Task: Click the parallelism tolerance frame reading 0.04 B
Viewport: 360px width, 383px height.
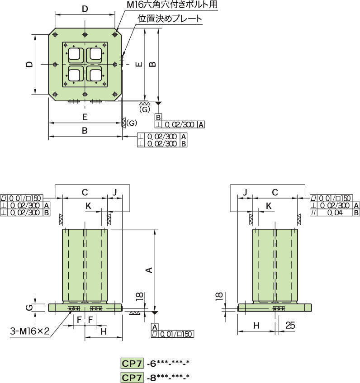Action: coord(335,213)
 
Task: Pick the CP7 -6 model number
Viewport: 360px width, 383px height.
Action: coord(155,363)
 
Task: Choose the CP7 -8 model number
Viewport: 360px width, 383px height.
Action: coord(155,378)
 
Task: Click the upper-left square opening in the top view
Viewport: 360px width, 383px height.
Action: coord(74,55)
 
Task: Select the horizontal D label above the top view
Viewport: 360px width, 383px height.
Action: coord(85,9)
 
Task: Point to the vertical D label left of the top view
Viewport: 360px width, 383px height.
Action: coord(29,64)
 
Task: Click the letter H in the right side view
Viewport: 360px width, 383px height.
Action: coord(256,325)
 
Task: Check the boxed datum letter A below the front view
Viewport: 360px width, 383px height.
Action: coord(155,326)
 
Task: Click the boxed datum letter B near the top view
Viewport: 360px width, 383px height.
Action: coord(158,117)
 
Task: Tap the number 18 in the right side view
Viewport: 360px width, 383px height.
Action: coord(219,297)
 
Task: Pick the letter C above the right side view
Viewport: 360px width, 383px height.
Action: coord(275,192)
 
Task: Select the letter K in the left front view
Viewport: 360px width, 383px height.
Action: coord(89,205)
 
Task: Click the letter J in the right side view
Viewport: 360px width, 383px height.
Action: coord(245,192)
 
